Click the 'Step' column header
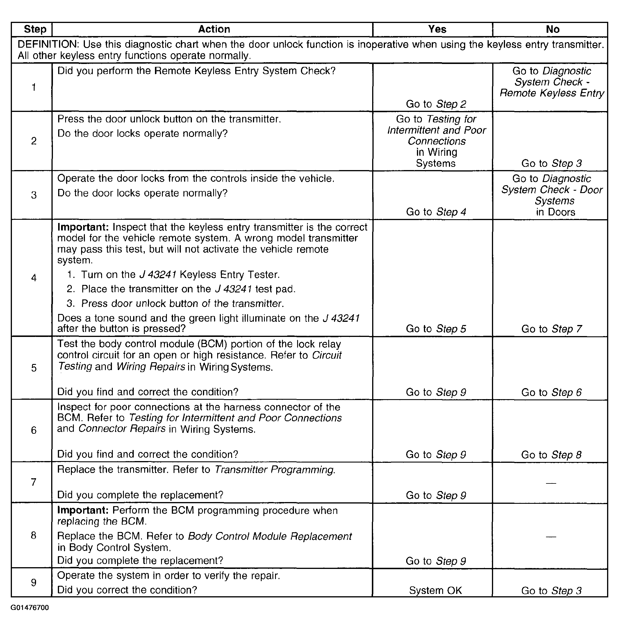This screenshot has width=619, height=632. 35,29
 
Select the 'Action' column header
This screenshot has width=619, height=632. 214,29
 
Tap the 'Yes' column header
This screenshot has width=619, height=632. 437,29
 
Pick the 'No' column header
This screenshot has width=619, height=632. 552,30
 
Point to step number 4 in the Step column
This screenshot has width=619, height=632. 34,278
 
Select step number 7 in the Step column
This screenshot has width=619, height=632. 34,482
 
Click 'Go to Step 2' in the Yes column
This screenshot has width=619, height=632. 436,104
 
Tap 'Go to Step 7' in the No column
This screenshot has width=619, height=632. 551,329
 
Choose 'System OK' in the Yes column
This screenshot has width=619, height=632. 435,590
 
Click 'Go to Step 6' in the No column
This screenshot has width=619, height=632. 551,392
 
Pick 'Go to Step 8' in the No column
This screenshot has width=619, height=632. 551,454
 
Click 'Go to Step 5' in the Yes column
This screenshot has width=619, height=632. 436,329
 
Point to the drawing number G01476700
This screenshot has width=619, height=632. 30,608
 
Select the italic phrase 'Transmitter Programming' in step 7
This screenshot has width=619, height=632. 274,469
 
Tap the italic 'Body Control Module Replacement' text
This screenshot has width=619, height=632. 270,536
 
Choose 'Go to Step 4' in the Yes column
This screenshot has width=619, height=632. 436,212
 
